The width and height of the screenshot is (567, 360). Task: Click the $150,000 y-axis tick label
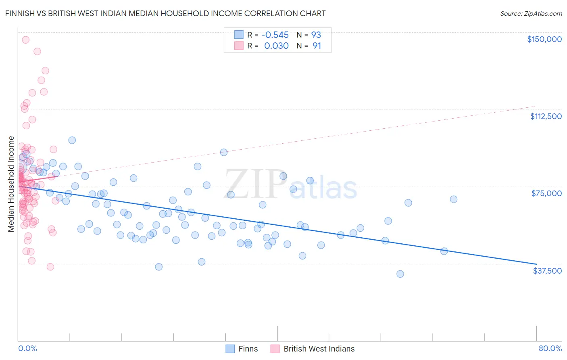point(544,39)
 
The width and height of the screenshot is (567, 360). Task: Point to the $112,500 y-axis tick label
point(546,116)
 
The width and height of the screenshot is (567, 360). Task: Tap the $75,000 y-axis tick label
point(546,193)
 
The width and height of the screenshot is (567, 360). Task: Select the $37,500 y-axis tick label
point(547,271)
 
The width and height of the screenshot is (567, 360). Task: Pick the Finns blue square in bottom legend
point(230,349)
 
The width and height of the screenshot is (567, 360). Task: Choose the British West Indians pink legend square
point(275,349)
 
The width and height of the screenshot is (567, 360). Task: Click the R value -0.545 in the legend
point(275,35)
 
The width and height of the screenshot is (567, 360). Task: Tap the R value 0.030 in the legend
point(276,46)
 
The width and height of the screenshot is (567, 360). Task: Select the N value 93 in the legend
point(316,35)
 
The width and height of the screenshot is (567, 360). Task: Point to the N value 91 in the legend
point(317,46)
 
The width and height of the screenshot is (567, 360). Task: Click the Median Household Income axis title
point(11,184)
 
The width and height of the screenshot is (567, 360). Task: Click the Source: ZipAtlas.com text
point(531,14)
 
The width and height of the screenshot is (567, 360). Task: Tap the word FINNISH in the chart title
point(22,14)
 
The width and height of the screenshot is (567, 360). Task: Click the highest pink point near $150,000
point(25,40)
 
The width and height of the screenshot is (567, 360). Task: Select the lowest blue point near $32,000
point(400,274)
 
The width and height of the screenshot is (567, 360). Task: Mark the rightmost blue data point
point(454,199)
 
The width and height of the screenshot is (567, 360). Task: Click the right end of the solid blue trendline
point(536,264)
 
